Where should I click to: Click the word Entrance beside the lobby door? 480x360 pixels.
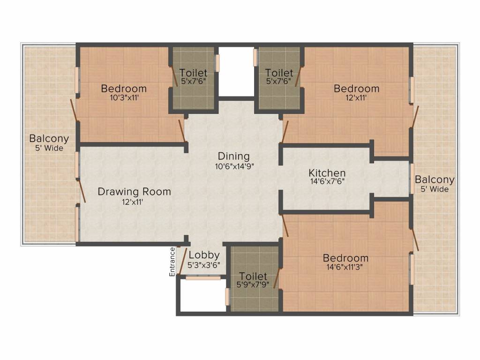172,262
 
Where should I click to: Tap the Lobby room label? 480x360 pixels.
203,255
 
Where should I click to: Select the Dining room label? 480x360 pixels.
233,156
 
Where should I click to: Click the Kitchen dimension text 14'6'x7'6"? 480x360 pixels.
327,182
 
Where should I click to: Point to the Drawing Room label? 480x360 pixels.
134,192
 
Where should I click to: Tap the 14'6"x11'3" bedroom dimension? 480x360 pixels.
345,267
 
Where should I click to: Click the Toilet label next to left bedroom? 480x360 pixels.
194,73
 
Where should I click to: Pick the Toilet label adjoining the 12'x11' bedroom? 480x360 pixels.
279,73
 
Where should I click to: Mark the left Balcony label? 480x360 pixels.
49,139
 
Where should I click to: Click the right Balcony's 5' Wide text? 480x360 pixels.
434,189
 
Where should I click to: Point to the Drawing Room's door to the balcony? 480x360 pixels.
81,189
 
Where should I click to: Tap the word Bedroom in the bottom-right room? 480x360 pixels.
345,258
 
